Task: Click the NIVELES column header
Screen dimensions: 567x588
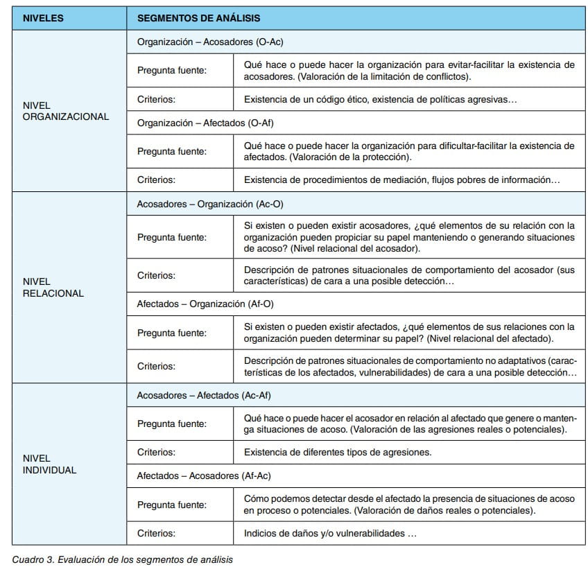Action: pos(43,19)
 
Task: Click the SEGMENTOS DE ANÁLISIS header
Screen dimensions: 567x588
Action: pos(198,19)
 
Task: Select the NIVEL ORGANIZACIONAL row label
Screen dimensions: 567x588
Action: pos(65,111)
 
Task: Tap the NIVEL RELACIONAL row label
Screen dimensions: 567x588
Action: pos(53,288)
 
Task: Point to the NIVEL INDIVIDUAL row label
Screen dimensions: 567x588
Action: pos(49,464)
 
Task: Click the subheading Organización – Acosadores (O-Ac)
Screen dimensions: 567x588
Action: pos(210,42)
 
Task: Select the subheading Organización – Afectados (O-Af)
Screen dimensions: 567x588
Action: pos(207,123)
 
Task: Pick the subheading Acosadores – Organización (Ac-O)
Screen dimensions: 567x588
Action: pos(210,204)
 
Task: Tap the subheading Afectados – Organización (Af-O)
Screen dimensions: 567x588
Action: pos(209,304)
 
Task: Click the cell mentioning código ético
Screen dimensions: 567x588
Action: pos(381,99)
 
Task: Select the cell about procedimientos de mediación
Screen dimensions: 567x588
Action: pos(401,180)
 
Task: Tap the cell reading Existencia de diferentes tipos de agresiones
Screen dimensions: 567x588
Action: pos(338,452)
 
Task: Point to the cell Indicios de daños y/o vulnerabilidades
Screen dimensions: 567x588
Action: pos(330,533)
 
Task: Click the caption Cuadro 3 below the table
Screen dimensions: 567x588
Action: pos(122,559)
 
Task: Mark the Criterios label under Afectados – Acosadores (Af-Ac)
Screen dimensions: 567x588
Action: pos(156,533)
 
